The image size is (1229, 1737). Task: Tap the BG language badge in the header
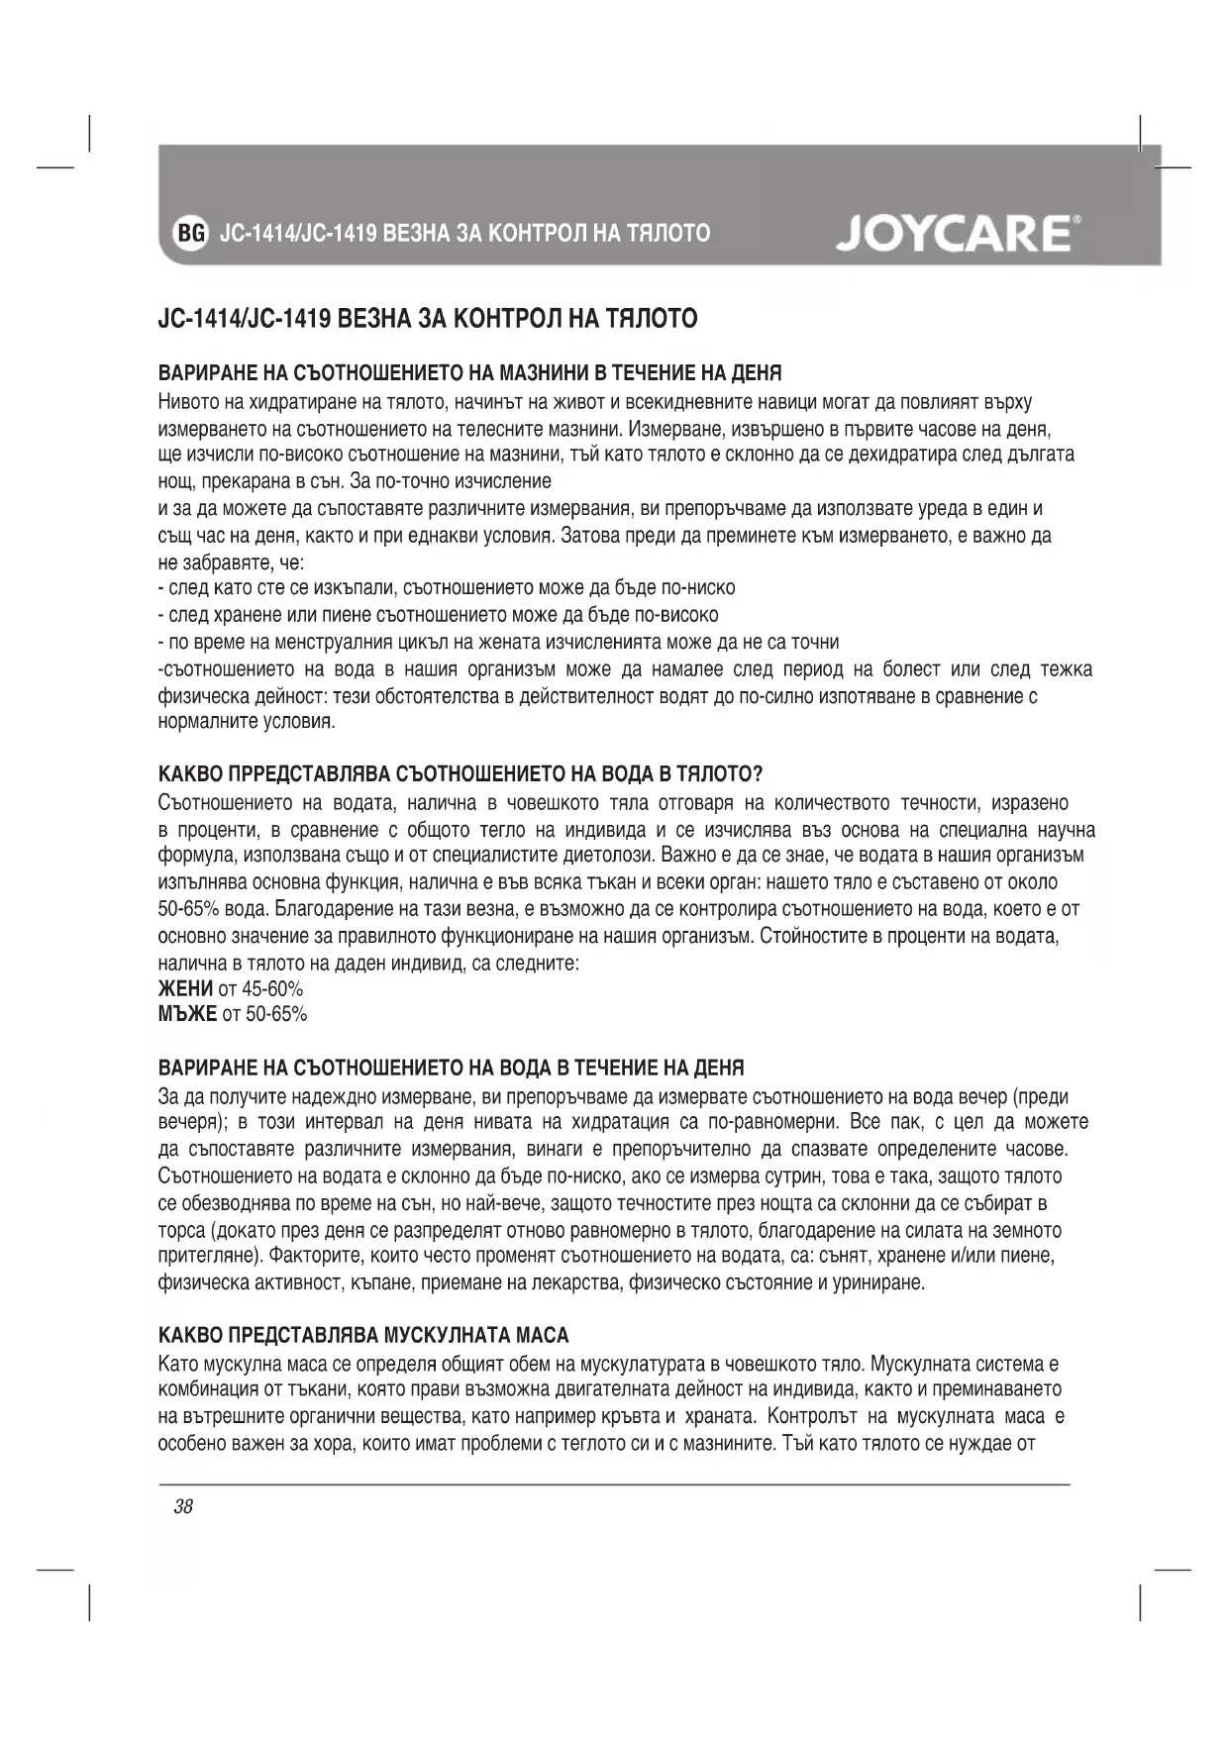pos(190,234)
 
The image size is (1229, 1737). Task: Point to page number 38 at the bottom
pos(183,1507)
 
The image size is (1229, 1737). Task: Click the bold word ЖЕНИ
pos(185,988)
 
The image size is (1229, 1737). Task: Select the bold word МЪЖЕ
pos(187,1014)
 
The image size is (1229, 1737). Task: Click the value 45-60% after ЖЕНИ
pos(273,988)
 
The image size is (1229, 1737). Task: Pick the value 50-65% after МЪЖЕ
pos(277,1014)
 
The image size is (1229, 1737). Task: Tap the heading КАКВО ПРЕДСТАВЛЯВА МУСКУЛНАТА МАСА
pos(363,1336)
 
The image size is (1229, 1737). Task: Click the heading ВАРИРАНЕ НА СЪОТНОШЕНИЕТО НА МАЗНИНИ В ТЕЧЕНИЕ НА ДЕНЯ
pos(470,373)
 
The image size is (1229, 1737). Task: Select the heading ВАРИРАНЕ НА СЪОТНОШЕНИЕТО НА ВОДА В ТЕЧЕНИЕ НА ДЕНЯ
pos(451,1068)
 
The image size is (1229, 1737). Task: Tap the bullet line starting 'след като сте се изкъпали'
pos(448,588)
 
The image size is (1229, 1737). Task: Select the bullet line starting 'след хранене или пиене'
pos(440,615)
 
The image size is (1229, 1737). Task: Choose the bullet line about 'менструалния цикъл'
pos(499,642)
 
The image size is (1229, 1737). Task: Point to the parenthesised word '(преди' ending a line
pos(1043,1096)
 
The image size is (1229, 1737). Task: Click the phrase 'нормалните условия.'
pos(247,722)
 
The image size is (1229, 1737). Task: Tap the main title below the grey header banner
pos(428,319)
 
